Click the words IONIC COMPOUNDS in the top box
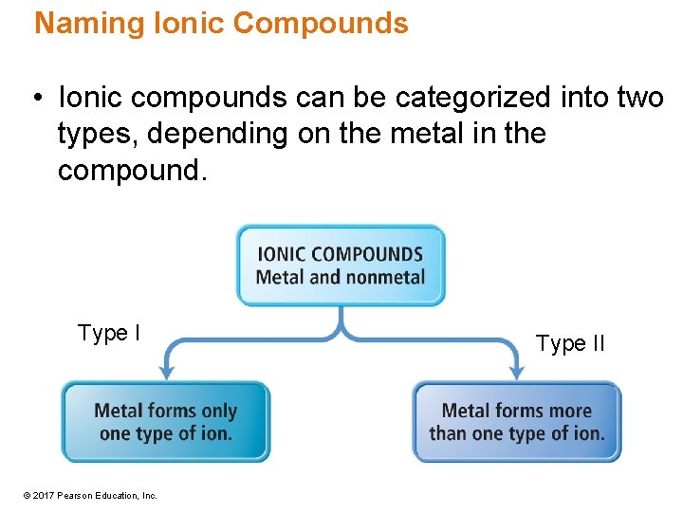341,254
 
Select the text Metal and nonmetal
341,277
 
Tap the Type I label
109,333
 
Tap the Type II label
570,343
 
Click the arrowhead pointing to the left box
166,371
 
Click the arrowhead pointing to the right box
516,371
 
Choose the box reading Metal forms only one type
165,422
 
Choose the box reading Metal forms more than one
516,422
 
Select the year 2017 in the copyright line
44,496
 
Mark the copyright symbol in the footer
28,496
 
